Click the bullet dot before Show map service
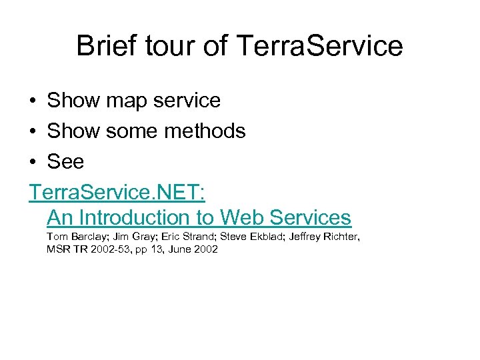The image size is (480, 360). pyautogui.click(x=33, y=101)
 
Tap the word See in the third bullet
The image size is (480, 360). pyautogui.click(x=65, y=162)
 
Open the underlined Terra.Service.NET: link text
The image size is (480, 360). pyautogui.click(x=117, y=193)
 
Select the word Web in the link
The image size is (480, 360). pyautogui.click(x=242, y=217)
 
